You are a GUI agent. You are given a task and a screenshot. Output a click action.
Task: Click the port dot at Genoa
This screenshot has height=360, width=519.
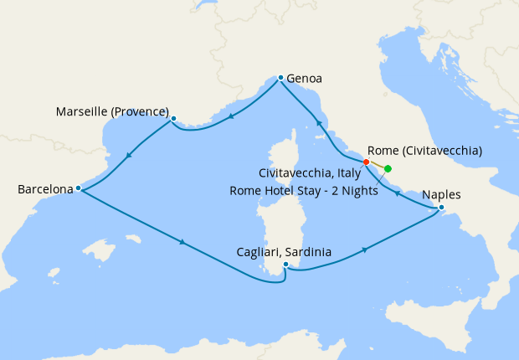[x=280, y=77]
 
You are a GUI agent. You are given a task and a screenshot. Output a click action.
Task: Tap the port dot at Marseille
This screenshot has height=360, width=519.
[x=173, y=118]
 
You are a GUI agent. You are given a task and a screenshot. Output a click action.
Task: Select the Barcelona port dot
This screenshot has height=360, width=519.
[x=78, y=188]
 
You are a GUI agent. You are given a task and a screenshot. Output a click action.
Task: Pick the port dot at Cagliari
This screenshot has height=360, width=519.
[x=286, y=265]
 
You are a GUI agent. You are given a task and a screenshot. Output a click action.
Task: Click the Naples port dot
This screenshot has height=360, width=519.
[x=441, y=208]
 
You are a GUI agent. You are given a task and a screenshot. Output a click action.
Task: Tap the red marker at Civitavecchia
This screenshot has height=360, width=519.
[x=366, y=162]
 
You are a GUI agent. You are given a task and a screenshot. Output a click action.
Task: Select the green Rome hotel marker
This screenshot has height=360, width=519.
[x=388, y=168]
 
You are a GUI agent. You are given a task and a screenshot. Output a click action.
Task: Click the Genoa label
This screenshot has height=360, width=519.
[x=304, y=80]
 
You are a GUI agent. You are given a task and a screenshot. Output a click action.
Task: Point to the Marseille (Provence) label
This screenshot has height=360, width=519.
[x=112, y=111]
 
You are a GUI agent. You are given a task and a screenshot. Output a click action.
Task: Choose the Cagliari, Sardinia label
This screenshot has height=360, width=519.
[x=283, y=251]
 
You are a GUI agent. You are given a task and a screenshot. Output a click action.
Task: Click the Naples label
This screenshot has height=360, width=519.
[x=441, y=194]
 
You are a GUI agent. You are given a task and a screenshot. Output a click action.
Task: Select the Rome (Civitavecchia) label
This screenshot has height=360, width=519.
[x=424, y=152]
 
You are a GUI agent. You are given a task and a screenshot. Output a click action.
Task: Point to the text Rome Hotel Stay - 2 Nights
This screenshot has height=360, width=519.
[x=303, y=190]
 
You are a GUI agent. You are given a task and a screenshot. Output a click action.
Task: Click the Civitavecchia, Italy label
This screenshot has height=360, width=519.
[x=310, y=173]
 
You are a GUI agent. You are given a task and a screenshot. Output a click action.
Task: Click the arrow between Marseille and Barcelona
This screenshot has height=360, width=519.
[x=128, y=154]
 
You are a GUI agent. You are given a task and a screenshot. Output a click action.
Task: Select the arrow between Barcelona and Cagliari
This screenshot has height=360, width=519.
[x=182, y=243]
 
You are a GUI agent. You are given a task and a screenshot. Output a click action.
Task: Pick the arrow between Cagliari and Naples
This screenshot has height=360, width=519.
[x=365, y=249]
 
